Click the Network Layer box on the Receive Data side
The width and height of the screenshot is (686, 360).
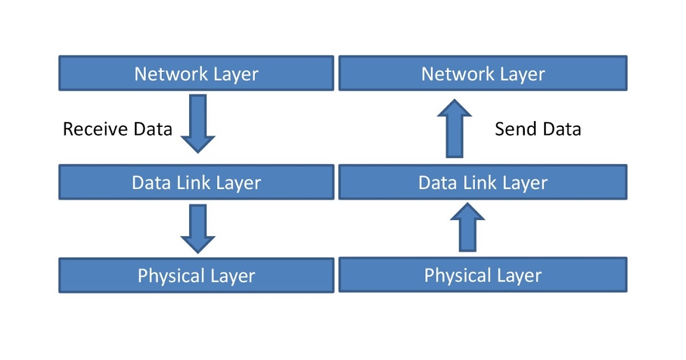[196, 73]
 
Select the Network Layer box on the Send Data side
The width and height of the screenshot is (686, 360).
[483, 73]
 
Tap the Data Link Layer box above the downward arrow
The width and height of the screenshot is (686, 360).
[196, 182]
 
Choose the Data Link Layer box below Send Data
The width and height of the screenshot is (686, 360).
[483, 182]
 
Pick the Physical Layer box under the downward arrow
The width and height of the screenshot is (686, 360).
[196, 275]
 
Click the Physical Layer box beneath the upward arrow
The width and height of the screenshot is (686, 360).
[483, 275]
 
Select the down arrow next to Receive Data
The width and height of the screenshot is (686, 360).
[198, 123]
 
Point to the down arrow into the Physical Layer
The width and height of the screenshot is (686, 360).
[198, 228]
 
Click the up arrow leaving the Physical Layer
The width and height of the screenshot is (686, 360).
[467, 227]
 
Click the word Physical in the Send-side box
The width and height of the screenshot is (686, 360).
[454, 275]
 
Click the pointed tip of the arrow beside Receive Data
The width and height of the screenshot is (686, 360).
[198, 151]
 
